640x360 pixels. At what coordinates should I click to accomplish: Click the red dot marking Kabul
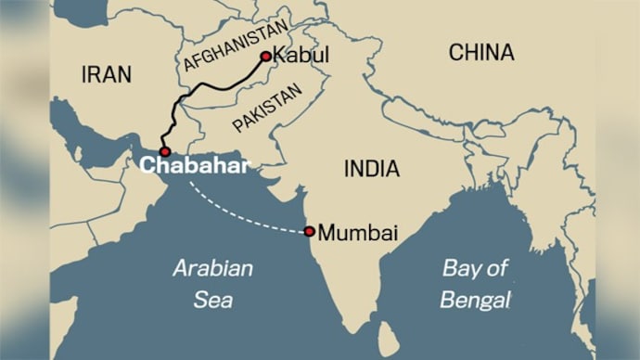tap(266, 57)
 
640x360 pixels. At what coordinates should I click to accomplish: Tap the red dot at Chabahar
tap(164, 151)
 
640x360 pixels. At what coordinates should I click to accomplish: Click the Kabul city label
tap(303, 58)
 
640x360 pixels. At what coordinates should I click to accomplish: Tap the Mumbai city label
tap(358, 234)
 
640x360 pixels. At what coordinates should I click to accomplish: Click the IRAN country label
tap(107, 74)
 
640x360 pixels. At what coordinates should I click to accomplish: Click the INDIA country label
tap(371, 170)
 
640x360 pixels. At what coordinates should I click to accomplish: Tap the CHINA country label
tap(482, 54)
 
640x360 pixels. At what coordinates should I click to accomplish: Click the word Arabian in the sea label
tap(212, 270)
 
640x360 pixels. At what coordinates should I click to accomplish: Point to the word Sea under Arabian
tap(213, 300)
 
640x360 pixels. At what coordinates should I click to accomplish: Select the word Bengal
tap(476, 300)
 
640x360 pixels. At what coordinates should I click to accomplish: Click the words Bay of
tap(475, 270)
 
